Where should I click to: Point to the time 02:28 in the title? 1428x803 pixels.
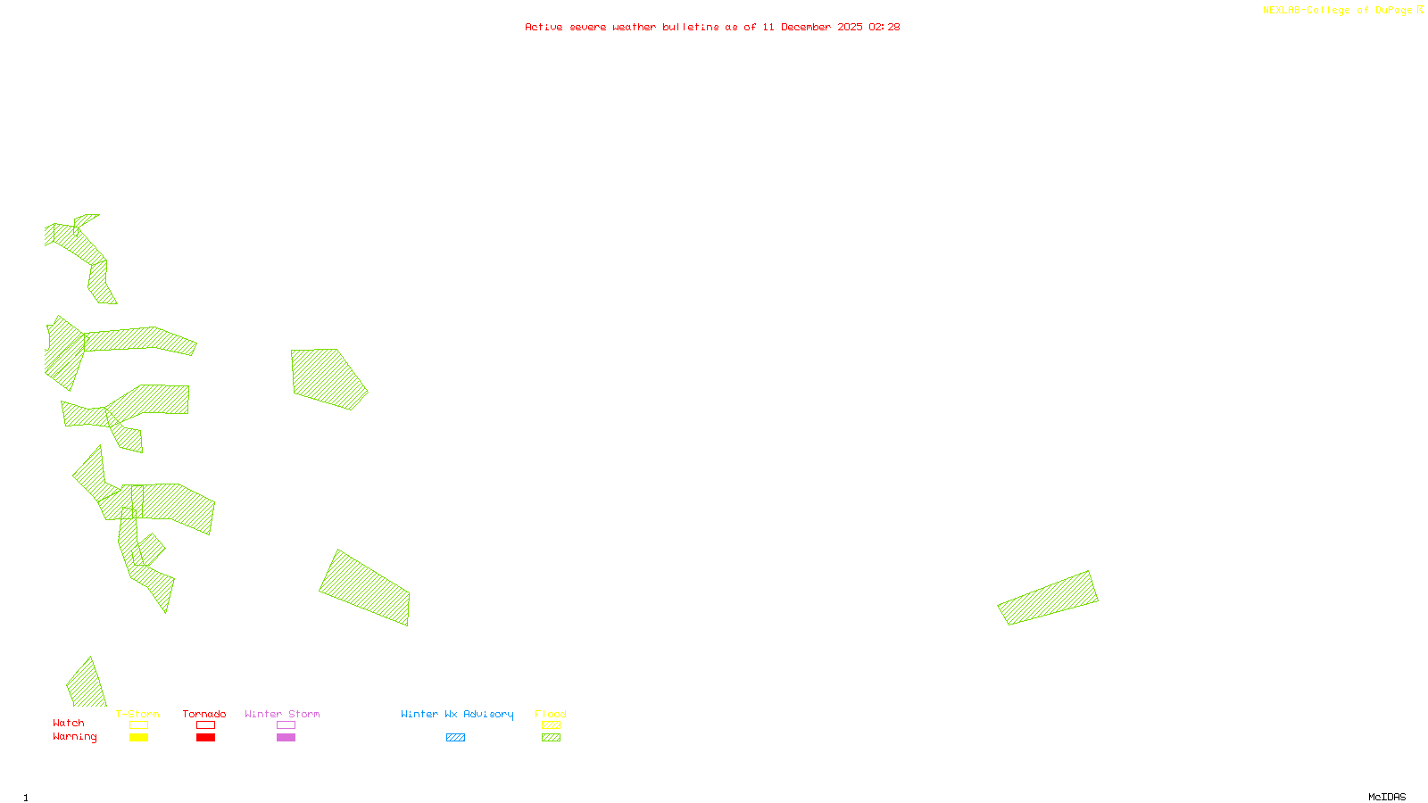(x=884, y=27)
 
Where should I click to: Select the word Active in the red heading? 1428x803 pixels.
(x=544, y=27)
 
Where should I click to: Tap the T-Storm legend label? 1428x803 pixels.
(x=137, y=714)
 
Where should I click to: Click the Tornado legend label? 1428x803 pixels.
(x=204, y=714)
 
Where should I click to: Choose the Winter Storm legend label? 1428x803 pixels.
(x=282, y=714)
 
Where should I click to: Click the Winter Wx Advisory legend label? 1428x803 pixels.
(x=457, y=714)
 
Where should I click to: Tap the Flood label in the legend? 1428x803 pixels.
(x=551, y=714)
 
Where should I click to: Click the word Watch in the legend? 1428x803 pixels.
(x=69, y=723)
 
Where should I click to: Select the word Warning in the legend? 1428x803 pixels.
(x=75, y=737)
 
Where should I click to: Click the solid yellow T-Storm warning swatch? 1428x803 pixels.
(x=138, y=738)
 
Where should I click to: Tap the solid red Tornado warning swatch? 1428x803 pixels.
(x=205, y=738)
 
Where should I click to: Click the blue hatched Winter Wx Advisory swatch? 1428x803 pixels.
(x=455, y=738)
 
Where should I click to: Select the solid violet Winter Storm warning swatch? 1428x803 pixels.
(x=286, y=738)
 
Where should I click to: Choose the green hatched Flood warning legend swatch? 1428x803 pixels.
(x=551, y=738)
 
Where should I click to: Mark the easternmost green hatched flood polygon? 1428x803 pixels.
(x=1048, y=598)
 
